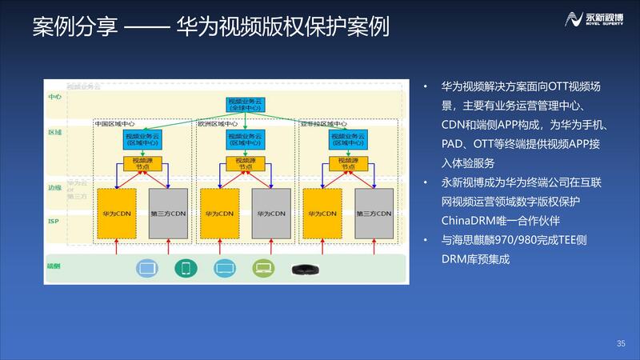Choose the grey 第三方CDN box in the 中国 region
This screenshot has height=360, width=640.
click(169, 214)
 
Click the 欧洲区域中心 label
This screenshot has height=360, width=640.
click(218, 125)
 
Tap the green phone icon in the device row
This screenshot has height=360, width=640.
click(186, 269)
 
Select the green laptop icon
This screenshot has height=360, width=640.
click(263, 269)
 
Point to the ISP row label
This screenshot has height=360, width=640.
click(54, 221)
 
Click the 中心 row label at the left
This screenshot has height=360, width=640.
click(54, 97)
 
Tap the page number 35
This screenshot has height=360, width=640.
click(621, 344)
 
